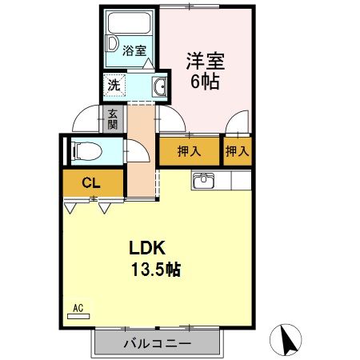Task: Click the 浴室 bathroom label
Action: [134, 50]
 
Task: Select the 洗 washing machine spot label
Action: [114, 84]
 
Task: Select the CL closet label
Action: [91, 183]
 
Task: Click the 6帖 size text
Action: [205, 81]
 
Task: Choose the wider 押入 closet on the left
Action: [188, 150]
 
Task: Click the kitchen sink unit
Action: [204, 180]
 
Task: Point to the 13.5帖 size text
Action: [155, 270]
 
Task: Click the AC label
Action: [78, 308]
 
